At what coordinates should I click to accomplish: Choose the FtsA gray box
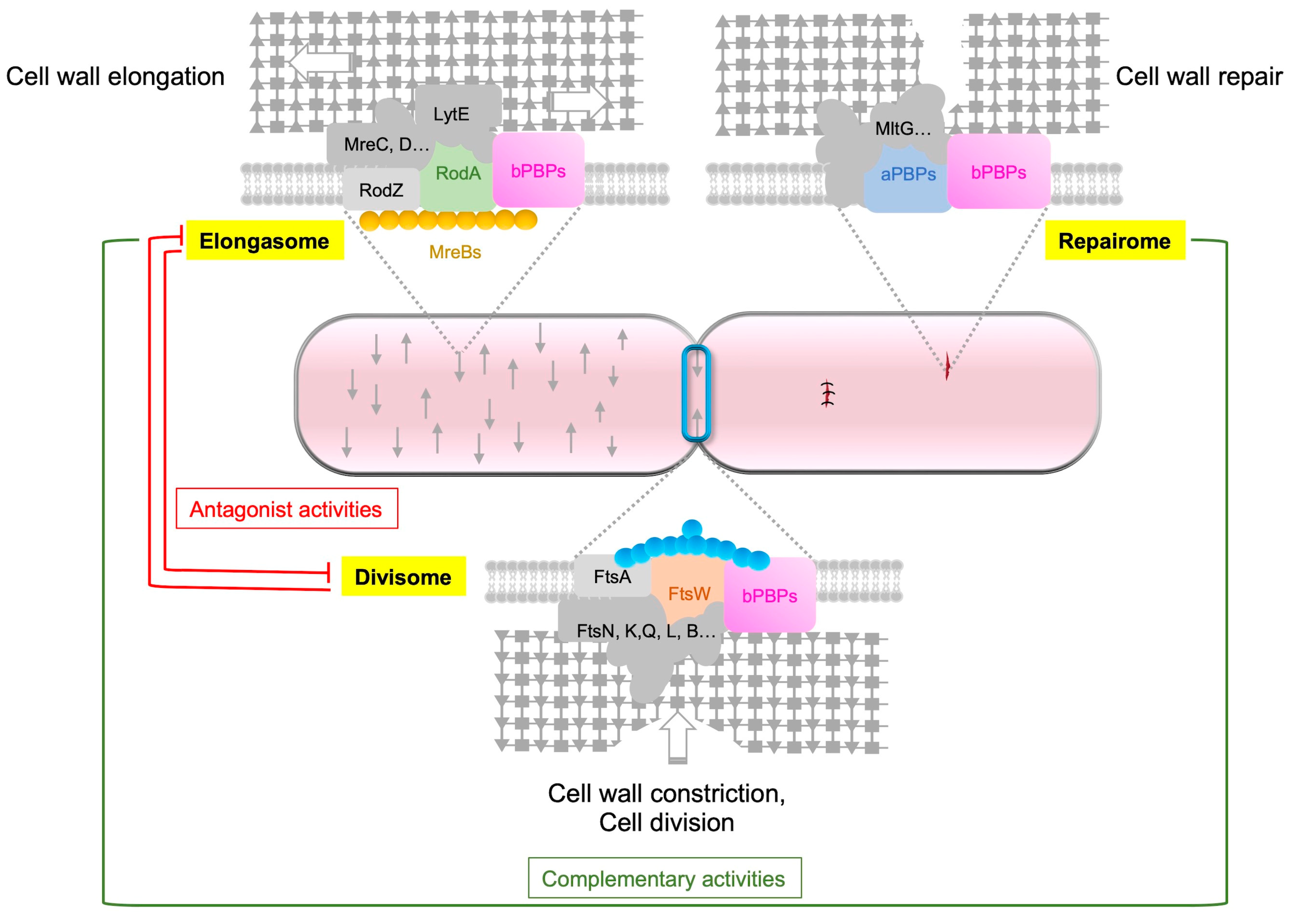[612, 576]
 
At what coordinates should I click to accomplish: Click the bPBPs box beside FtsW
[769, 595]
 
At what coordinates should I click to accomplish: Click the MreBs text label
[455, 252]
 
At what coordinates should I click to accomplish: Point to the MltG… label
[902, 129]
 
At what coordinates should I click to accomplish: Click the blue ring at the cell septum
[696, 393]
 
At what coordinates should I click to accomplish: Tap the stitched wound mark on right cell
[827, 393]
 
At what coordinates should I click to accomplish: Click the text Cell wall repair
[1198, 76]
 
